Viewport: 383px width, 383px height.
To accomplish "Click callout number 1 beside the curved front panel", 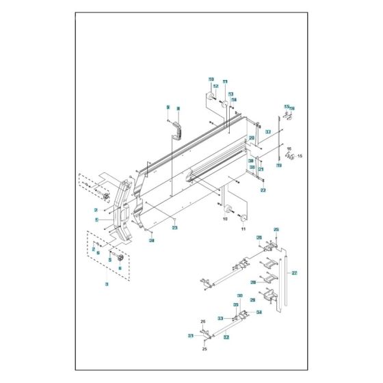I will pyautogui.click(x=97, y=220).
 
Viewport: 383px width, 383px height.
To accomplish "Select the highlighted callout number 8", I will pyautogui.click(x=178, y=108).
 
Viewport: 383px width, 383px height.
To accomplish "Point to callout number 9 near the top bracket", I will pyautogui.click(x=168, y=108).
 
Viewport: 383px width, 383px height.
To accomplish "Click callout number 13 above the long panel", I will pyautogui.click(x=230, y=94).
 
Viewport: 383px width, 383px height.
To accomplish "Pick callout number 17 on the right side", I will pyautogui.click(x=268, y=131).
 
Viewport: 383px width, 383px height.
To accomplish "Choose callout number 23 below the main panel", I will pyautogui.click(x=174, y=227).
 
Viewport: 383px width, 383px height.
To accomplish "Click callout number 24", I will pyautogui.click(x=153, y=240).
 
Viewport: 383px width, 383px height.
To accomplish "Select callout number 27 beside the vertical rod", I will pyautogui.click(x=295, y=273).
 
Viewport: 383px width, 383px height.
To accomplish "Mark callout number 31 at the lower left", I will pyautogui.click(x=191, y=335).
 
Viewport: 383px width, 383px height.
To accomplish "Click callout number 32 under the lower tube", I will pyautogui.click(x=226, y=337).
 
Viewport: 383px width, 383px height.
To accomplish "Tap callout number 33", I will pyautogui.click(x=221, y=319).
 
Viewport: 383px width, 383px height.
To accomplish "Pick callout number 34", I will pyautogui.click(x=259, y=313).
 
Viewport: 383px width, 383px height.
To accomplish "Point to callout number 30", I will pyautogui.click(x=239, y=296).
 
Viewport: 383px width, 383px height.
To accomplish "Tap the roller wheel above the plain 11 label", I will pyautogui.click(x=243, y=217).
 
